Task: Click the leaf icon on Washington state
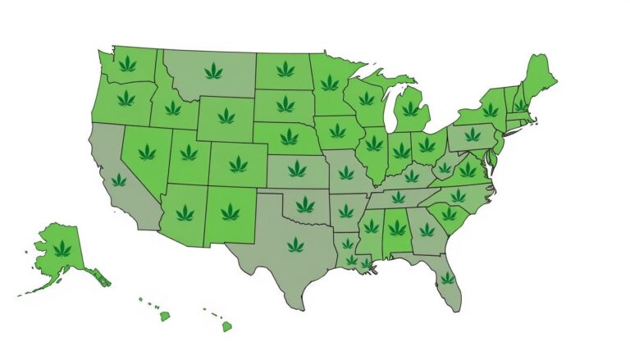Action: pyautogui.click(x=127, y=63)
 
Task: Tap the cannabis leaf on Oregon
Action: pyautogui.click(x=126, y=99)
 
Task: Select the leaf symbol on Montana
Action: pyautogui.click(x=213, y=71)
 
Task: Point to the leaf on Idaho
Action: pyautogui.click(x=172, y=107)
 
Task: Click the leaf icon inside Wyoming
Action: pyautogui.click(x=226, y=116)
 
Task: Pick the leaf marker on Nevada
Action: pyautogui.click(x=147, y=152)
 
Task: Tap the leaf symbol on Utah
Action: pyautogui.click(x=189, y=152)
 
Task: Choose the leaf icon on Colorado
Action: pyautogui.click(x=238, y=164)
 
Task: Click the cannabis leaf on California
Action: pyautogui.click(x=120, y=180)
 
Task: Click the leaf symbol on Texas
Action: pyautogui.click(x=295, y=244)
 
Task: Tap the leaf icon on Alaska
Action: pyautogui.click(x=62, y=248)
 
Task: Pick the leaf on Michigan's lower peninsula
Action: pyautogui.click(x=410, y=108)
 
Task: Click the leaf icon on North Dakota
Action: pyautogui.click(x=285, y=69)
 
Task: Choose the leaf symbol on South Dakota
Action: pyautogui.click(x=285, y=104)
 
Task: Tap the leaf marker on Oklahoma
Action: pyautogui.click(x=305, y=204)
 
